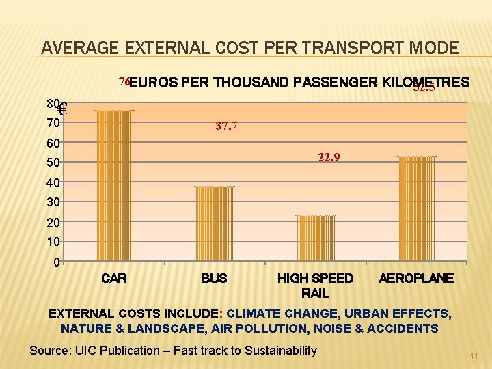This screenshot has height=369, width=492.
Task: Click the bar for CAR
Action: tap(114, 184)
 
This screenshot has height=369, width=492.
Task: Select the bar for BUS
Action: tap(215, 223)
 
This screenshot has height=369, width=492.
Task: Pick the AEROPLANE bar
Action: tap(416, 208)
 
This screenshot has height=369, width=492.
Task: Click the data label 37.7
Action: tap(226, 126)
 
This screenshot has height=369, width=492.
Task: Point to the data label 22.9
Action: tap(330, 158)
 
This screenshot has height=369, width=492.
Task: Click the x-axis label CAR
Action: tap(114, 278)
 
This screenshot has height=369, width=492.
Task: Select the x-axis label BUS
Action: tap(215, 278)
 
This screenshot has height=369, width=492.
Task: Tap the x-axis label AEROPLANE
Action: tap(416, 278)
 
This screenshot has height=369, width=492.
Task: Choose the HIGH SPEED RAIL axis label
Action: tap(315, 286)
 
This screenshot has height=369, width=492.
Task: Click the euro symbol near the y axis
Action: tap(62, 109)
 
